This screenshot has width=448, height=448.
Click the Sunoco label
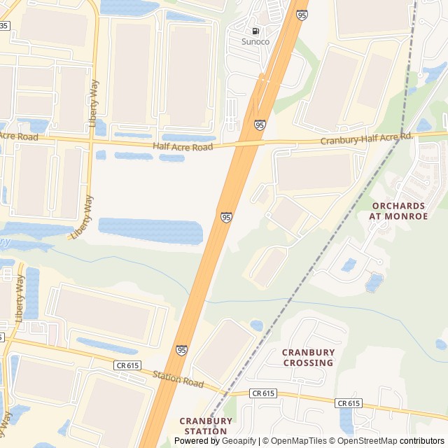[255, 41]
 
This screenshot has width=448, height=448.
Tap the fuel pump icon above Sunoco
[255, 31]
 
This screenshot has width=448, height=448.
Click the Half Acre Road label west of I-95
[183, 147]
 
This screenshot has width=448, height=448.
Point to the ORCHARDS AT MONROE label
[399, 211]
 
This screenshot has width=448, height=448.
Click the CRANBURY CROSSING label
[308, 357]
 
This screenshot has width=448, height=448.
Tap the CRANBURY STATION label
[205, 426]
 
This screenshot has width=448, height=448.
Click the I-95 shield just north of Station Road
[181, 349]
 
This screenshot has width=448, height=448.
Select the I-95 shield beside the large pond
[226, 218]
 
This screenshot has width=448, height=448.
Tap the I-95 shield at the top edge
[301, 15]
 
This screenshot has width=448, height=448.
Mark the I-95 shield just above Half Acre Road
[260, 125]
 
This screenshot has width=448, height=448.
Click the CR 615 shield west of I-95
[124, 365]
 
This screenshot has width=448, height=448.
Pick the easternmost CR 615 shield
[348, 403]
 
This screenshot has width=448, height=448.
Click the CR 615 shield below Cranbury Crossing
[264, 393]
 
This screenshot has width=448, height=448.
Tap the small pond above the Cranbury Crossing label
[256, 325]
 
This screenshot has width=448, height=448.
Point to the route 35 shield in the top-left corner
[4, 25]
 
